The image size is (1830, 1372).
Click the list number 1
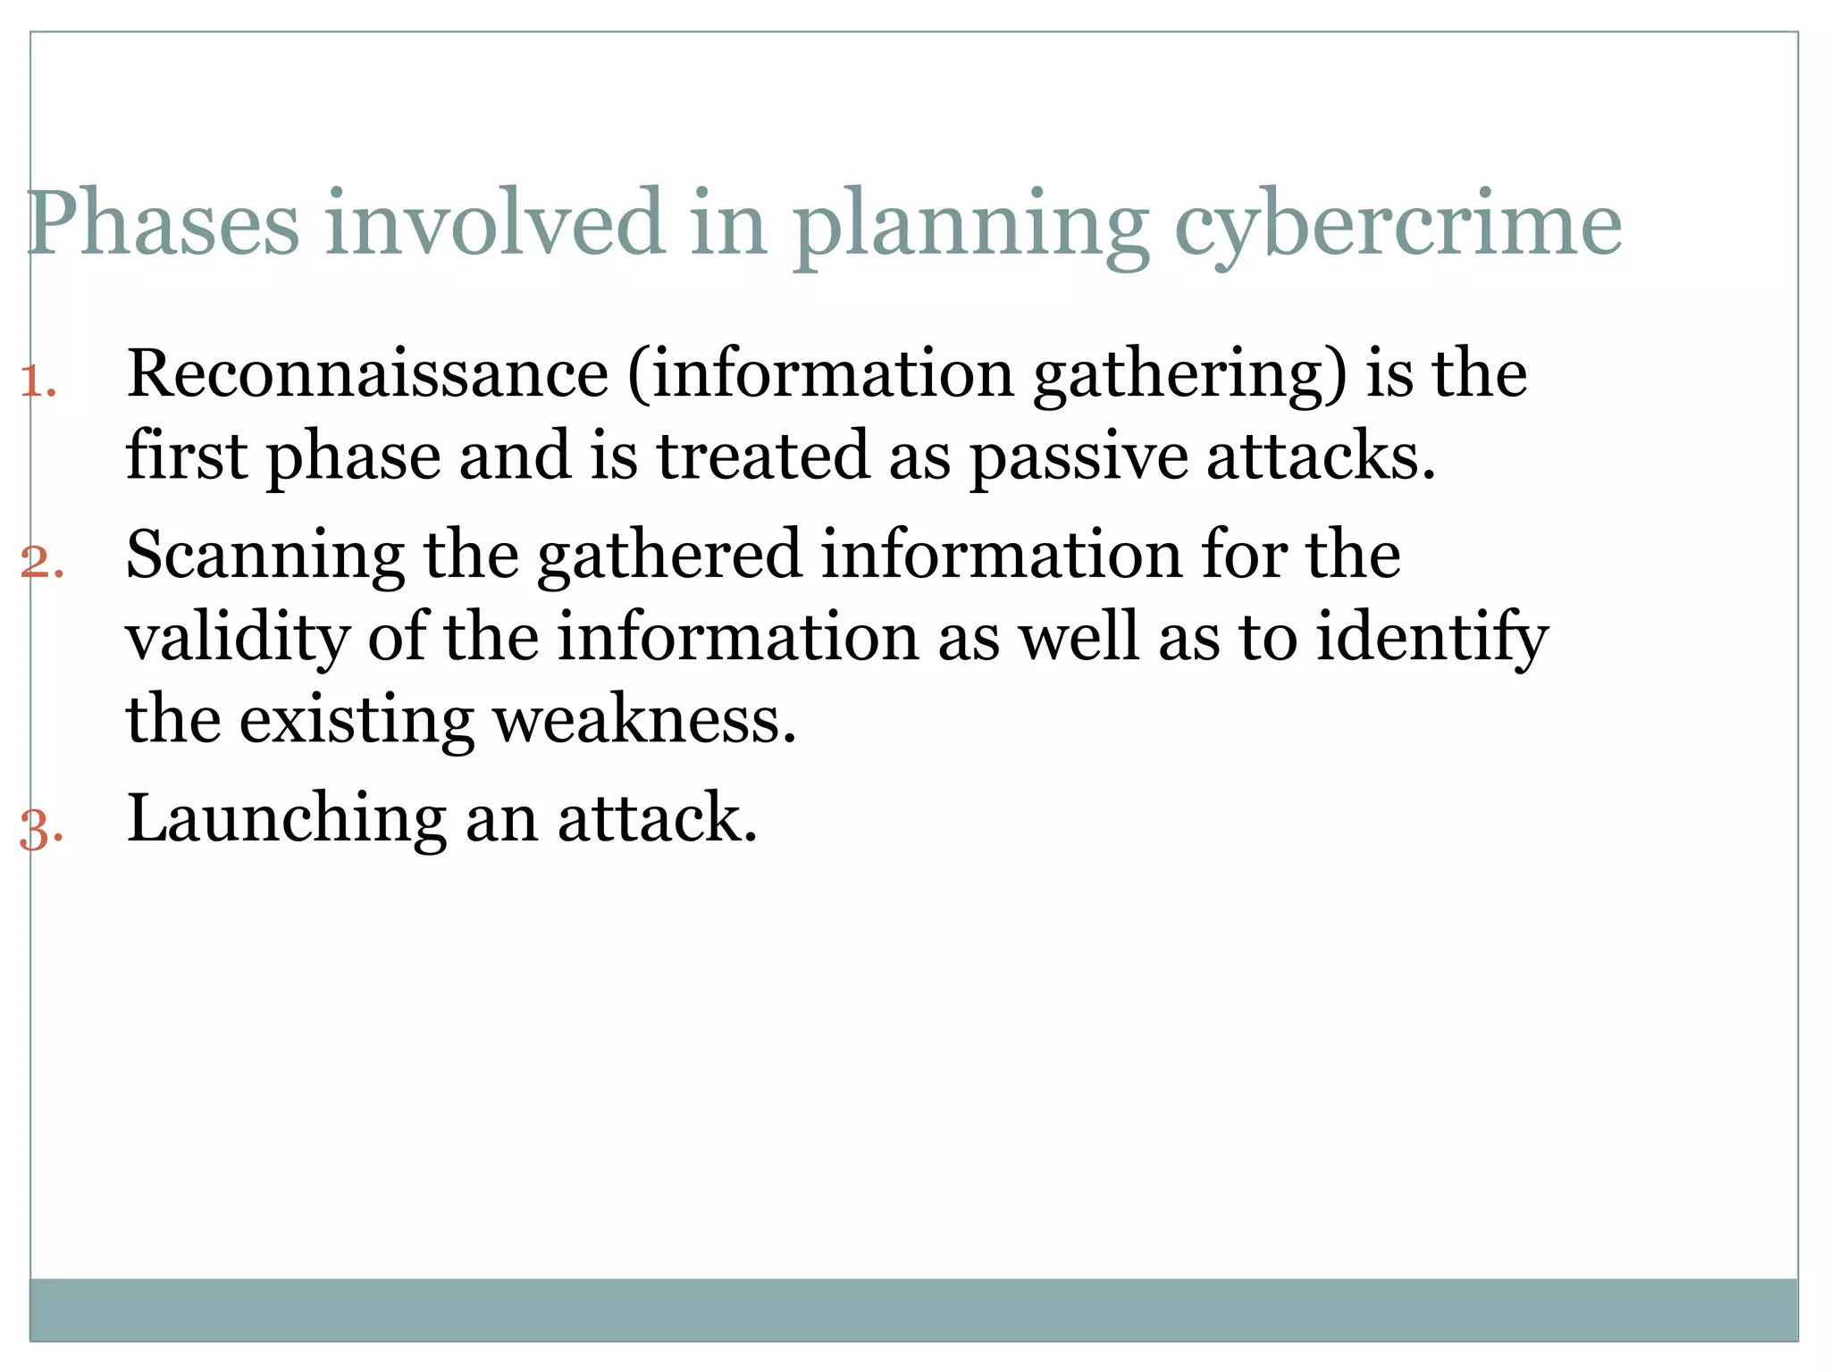[x=38, y=382]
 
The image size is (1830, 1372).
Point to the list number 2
[x=41, y=564]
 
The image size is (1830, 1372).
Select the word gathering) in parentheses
[x=1189, y=375]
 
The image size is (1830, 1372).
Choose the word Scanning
[x=264, y=556]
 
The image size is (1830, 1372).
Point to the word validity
[x=238, y=639]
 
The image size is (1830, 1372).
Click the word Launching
[x=286, y=818]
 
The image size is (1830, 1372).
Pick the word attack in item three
[x=657, y=818]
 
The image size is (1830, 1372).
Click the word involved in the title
[x=495, y=223]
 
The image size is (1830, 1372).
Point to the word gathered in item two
[x=669, y=556]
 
